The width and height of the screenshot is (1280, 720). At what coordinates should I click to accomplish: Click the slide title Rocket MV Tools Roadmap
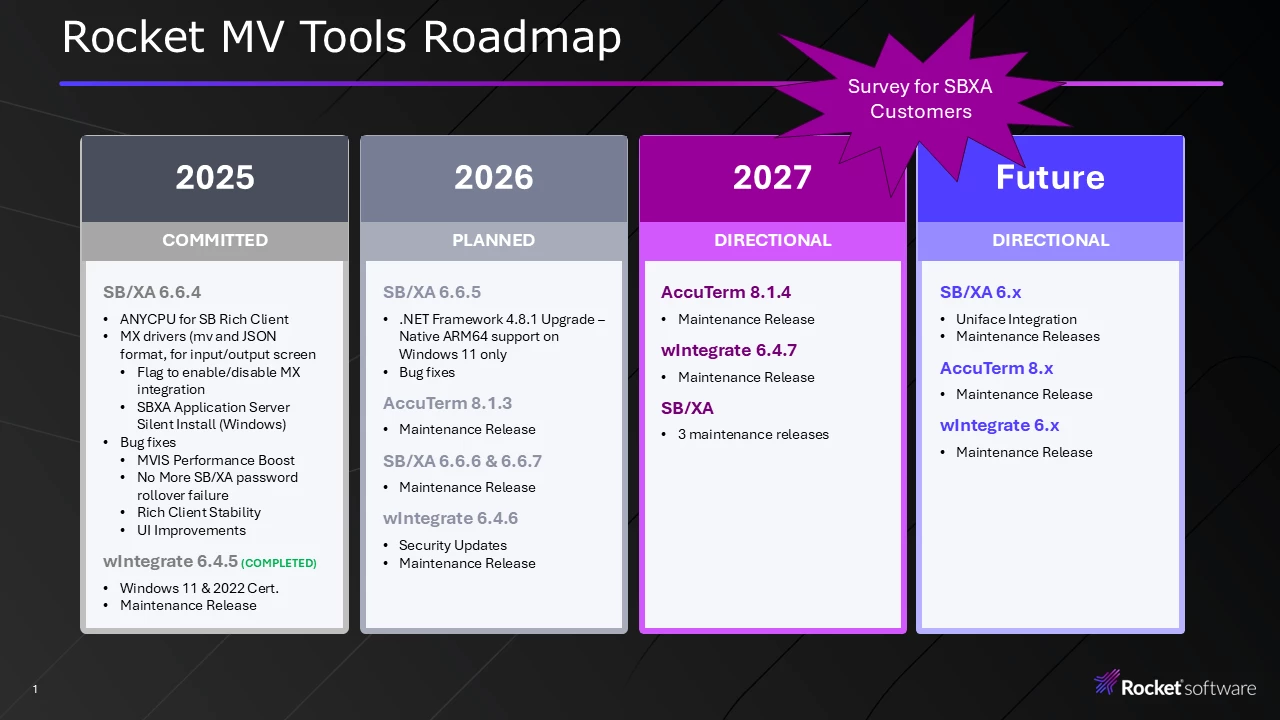tap(341, 37)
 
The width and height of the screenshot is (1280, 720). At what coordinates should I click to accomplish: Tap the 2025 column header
tap(215, 177)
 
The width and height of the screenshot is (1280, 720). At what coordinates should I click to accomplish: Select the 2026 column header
tap(494, 177)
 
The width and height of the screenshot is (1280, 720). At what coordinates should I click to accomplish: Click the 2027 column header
tap(772, 177)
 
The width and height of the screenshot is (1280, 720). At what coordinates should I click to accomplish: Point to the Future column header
tap(1050, 177)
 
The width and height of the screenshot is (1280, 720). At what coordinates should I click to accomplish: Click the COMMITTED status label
tap(215, 240)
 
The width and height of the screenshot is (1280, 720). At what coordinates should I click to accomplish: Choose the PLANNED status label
tap(494, 240)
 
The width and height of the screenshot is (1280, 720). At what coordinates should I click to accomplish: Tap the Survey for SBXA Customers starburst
tap(921, 99)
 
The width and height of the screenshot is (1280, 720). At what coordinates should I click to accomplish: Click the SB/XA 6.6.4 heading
tap(152, 292)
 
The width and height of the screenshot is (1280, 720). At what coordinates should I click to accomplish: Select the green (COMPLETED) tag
tap(279, 563)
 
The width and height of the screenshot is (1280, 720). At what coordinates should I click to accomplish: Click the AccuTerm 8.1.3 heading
tap(447, 403)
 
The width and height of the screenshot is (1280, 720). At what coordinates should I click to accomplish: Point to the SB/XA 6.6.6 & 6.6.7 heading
tap(462, 461)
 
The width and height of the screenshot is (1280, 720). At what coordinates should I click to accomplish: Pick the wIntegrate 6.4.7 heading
tap(729, 350)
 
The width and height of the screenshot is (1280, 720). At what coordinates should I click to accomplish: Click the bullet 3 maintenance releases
tap(753, 434)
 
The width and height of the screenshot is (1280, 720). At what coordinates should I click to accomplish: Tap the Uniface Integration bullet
tap(1016, 319)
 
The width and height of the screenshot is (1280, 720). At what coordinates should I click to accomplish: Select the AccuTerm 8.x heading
tap(997, 368)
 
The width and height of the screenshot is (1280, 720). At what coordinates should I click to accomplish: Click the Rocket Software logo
tap(1175, 684)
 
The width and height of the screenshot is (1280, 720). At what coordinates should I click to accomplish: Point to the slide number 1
tap(35, 689)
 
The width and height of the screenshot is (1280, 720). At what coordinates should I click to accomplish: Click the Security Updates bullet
tap(453, 545)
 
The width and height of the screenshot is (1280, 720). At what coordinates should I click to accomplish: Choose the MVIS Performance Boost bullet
tap(215, 460)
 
